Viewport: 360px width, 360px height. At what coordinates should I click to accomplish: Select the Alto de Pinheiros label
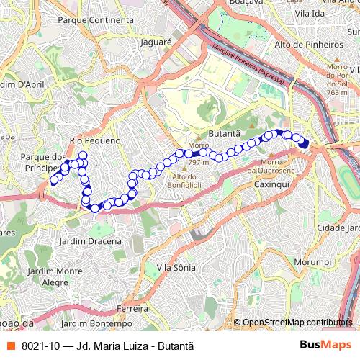coord(309,45)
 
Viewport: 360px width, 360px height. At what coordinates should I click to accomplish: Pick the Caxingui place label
coord(271,185)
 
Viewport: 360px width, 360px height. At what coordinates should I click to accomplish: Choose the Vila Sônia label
coord(176,267)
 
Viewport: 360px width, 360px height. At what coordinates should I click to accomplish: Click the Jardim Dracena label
coord(91,240)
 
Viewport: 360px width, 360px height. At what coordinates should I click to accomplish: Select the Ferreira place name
coord(132,308)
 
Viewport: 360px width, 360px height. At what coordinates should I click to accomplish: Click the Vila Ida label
coord(309,14)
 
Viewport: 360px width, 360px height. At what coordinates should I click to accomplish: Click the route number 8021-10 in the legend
coord(42,345)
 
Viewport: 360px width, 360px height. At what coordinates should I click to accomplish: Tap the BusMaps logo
coord(325,345)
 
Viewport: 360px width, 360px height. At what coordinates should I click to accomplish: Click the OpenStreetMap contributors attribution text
coord(297,323)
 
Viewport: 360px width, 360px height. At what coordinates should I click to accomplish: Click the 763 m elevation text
coord(337,92)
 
